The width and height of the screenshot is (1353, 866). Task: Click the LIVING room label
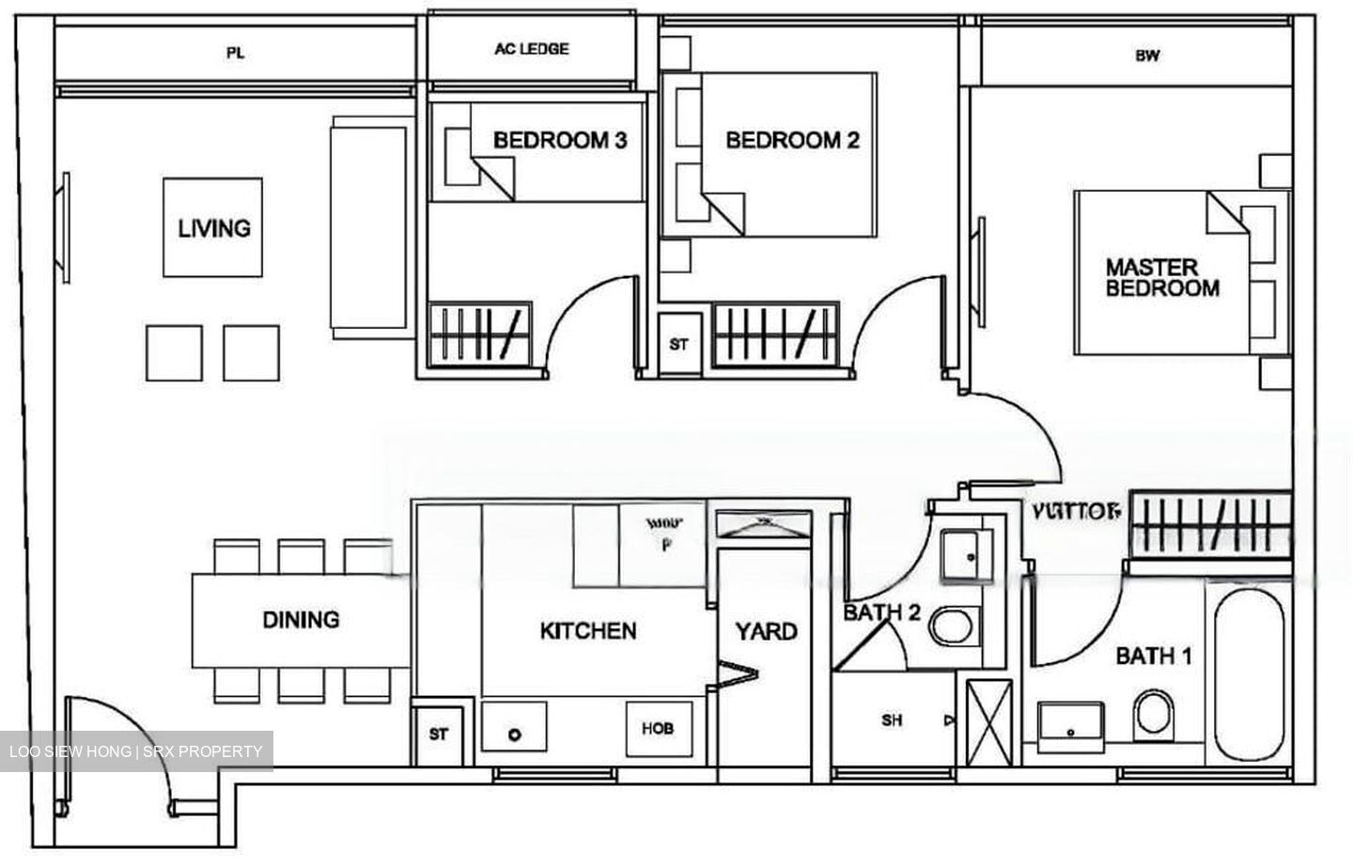(214, 228)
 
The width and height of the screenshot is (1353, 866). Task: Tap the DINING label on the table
(301, 620)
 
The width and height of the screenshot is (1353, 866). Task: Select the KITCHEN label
(588, 631)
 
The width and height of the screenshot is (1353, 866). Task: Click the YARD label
(766, 631)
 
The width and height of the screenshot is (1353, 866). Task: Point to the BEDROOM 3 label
(560, 141)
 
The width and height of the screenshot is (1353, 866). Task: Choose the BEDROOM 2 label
(792, 141)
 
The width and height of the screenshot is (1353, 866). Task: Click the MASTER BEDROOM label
(1161, 278)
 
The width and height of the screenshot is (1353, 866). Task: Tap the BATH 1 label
(1153, 656)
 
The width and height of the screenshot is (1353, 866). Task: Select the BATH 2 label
(880, 613)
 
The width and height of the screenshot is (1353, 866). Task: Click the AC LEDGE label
(532, 49)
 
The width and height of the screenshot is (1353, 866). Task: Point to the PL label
(235, 54)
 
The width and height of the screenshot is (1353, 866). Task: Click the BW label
(1146, 55)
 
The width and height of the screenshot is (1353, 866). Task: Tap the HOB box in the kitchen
(658, 728)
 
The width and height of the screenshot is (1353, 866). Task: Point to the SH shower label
(892, 720)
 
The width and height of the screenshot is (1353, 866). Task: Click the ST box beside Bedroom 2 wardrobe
(678, 345)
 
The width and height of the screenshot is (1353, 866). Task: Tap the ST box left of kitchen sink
(439, 735)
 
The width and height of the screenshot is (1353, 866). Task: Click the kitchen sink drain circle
(514, 734)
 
